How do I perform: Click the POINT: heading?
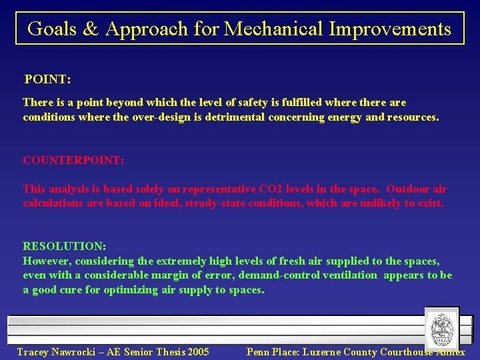(47, 79)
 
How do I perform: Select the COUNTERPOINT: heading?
(73, 161)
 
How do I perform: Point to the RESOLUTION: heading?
(64, 246)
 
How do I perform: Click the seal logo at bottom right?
(441, 328)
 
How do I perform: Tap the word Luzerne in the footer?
(325, 352)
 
